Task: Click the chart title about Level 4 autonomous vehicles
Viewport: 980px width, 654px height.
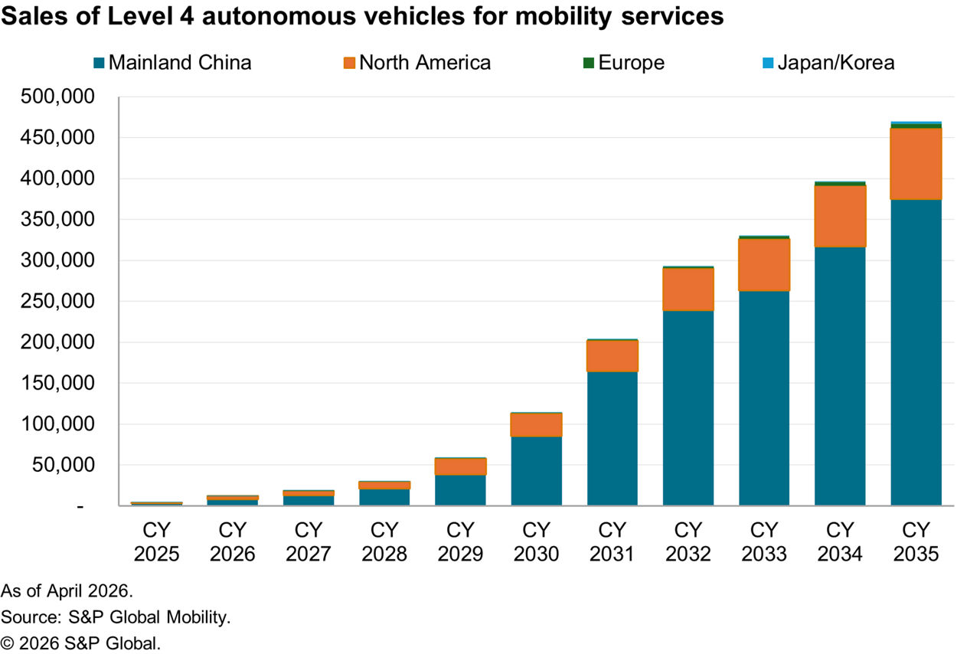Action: (x=362, y=16)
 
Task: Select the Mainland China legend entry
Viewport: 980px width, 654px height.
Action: (x=172, y=62)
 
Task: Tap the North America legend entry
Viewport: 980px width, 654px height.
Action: (x=417, y=62)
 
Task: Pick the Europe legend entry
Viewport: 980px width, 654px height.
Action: (x=623, y=62)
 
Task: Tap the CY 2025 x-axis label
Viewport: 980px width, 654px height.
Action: (x=156, y=541)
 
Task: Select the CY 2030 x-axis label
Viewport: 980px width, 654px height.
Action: (x=536, y=541)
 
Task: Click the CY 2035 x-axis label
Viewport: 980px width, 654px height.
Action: (x=916, y=541)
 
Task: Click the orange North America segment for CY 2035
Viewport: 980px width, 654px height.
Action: (x=916, y=164)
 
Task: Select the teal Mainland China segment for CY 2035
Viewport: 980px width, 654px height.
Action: (x=916, y=352)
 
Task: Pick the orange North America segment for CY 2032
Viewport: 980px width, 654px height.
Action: (x=688, y=289)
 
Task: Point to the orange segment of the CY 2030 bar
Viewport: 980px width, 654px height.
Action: (x=536, y=424)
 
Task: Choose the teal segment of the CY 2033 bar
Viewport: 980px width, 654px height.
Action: (x=764, y=398)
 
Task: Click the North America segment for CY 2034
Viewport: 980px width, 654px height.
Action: (x=840, y=216)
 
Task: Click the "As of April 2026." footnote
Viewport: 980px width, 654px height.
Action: (x=67, y=590)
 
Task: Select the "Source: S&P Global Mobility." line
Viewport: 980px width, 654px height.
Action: (x=116, y=616)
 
